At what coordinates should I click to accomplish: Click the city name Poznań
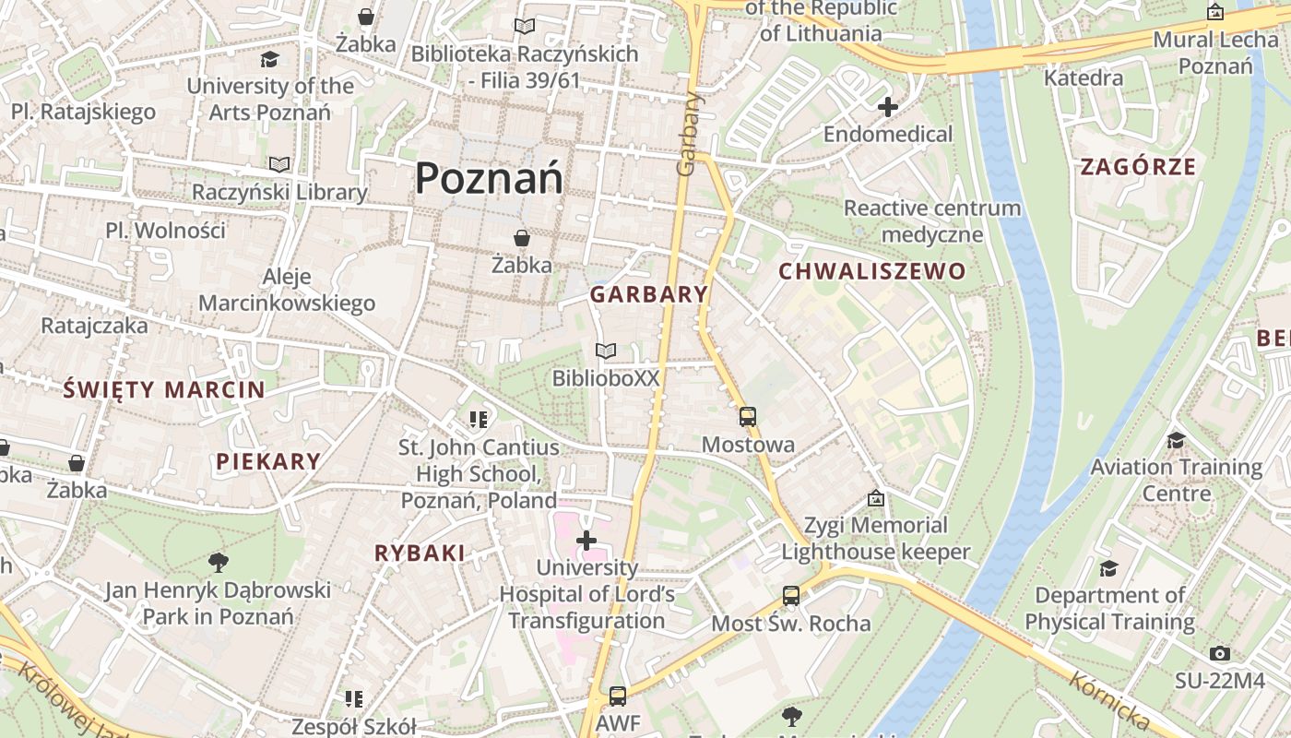(x=489, y=177)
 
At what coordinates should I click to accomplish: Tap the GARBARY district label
(x=649, y=295)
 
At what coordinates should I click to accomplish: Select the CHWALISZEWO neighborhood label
(x=871, y=272)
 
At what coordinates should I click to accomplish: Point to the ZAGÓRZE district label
(x=1138, y=168)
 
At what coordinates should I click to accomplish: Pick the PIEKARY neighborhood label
(x=268, y=462)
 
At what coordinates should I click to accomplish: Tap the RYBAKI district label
(x=420, y=553)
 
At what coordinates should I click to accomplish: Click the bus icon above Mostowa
(x=748, y=417)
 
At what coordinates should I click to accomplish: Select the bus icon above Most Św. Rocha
(x=791, y=596)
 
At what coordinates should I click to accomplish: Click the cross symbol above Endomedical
(x=888, y=107)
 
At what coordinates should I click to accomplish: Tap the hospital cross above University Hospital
(x=586, y=541)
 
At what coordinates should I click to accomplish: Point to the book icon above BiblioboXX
(x=606, y=351)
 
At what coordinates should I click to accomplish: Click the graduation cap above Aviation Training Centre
(x=1176, y=440)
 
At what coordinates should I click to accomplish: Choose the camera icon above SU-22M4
(x=1220, y=654)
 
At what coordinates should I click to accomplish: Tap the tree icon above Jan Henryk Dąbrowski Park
(x=219, y=562)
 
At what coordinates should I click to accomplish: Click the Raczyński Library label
(x=279, y=193)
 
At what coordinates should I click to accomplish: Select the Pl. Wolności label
(x=165, y=231)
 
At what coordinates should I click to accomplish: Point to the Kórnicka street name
(x=1109, y=702)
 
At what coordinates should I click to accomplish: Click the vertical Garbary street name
(x=688, y=134)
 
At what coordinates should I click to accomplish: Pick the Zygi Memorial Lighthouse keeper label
(x=876, y=539)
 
